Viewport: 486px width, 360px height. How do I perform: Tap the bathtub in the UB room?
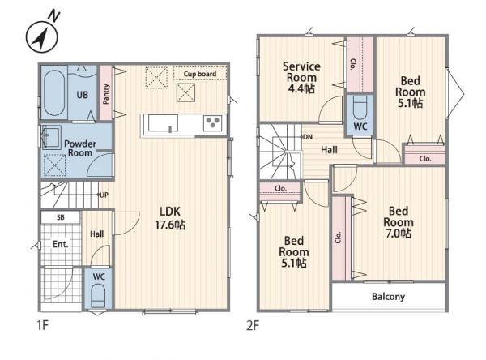tap(54, 92)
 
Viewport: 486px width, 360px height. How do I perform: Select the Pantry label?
tap(106, 94)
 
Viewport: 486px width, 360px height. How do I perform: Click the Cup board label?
tap(200, 74)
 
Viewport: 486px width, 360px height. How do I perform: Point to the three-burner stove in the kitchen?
tap(212, 122)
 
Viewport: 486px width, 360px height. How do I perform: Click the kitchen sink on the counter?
tap(164, 123)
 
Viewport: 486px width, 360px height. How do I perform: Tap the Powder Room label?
tap(80, 148)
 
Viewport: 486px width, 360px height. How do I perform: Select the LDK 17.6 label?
tap(170, 218)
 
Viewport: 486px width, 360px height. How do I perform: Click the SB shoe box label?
tap(61, 217)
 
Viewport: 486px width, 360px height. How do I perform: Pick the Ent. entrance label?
tap(61, 244)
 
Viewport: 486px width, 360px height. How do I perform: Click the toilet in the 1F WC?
tap(99, 295)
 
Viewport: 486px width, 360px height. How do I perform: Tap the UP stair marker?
tap(104, 195)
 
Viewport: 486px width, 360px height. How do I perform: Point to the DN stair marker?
tap(307, 137)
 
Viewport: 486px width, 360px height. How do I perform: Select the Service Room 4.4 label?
tap(301, 78)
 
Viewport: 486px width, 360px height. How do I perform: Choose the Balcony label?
tap(388, 297)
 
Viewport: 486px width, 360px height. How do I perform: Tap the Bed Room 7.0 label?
tap(399, 222)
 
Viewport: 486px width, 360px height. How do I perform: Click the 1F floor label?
tap(43, 326)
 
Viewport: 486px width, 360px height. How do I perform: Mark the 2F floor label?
tap(253, 326)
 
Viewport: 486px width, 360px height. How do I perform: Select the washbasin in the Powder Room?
tap(52, 137)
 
